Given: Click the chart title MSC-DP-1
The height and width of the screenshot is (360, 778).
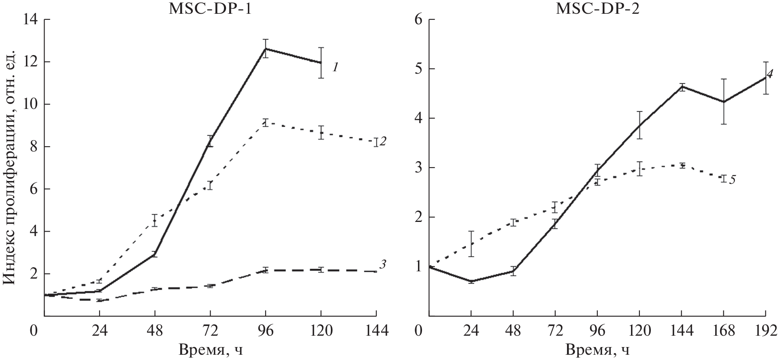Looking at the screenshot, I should coord(209,9).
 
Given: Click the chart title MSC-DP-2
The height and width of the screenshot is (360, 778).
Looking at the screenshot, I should coord(597,9).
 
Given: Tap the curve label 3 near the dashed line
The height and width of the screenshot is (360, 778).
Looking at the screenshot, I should coord(382,264).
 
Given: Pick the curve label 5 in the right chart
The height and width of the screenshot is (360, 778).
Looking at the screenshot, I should coord(732,180).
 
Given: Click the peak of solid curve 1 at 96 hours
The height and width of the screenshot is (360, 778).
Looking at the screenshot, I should coord(266,49).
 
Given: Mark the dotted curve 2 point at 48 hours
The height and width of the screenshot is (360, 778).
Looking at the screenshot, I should coord(154,220).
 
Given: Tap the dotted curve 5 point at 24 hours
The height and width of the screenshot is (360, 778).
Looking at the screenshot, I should coord(471,244).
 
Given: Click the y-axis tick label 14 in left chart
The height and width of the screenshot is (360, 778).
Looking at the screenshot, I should coord(30,19).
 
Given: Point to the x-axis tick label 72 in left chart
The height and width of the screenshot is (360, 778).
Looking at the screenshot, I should coord(210,330).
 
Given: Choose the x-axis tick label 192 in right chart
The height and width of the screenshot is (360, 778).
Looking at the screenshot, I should coord(765,330).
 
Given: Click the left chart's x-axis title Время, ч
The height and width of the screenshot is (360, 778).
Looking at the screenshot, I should coord(209,349).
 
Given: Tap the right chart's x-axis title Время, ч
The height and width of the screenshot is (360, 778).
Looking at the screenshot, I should coord(597,349).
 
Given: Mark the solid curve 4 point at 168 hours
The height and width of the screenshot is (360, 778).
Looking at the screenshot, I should coord(723,102).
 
